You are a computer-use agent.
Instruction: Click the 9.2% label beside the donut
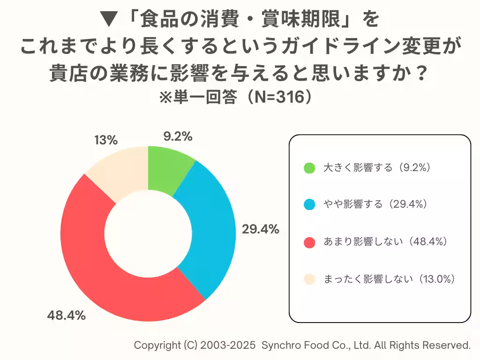tap(178, 136)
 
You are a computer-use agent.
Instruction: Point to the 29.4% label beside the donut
tap(261, 229)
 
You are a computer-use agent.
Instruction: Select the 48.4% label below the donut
tap(66, 315)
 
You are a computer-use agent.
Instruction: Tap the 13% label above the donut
tap(105, 140)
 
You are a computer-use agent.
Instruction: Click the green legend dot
tap(309, 168)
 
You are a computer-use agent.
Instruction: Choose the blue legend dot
tap(309, 205)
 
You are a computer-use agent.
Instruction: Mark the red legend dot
tap(309, 242)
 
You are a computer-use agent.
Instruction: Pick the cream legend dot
tap(309, 279)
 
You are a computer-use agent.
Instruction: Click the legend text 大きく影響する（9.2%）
tap(377, 168)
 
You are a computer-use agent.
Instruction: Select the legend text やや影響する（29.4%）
tap(375, 205)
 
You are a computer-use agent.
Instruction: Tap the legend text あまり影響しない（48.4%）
tap(385, 242)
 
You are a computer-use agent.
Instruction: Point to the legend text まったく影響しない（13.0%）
tap(390, 279)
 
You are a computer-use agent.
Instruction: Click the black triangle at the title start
tap(110, 20)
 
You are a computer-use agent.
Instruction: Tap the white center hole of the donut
tap(148, 233)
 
